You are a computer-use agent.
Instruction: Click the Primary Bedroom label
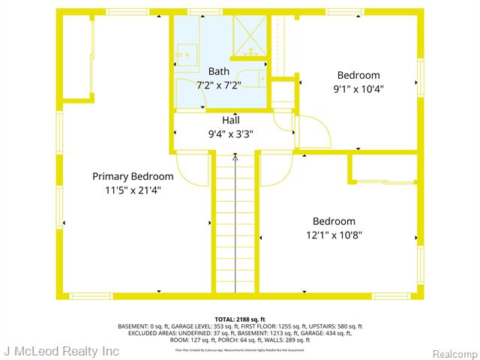[x=133, y=176]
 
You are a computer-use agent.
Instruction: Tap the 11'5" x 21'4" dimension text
[x=133, y=190]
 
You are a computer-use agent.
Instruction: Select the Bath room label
[x=219, y=72]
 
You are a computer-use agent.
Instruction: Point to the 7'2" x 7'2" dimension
[x=219, y=85]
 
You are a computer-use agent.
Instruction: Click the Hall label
[x=231, y=120]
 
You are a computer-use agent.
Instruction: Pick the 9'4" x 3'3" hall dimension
[x=231, y=134]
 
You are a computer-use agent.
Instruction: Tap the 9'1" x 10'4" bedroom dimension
[x=358, y=88]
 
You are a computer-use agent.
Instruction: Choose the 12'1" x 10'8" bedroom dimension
[x=334, y=235]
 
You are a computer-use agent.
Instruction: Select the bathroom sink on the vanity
[x=185, y=54]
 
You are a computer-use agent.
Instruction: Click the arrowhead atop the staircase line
[x=235, y=158]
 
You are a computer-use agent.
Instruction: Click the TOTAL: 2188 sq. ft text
[x=239, y=319]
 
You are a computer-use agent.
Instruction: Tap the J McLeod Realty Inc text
[x=61, y=351]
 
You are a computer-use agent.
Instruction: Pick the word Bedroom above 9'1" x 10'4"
[x=358, y=75]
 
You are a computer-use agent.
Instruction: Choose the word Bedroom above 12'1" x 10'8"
[x=334, y=221]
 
